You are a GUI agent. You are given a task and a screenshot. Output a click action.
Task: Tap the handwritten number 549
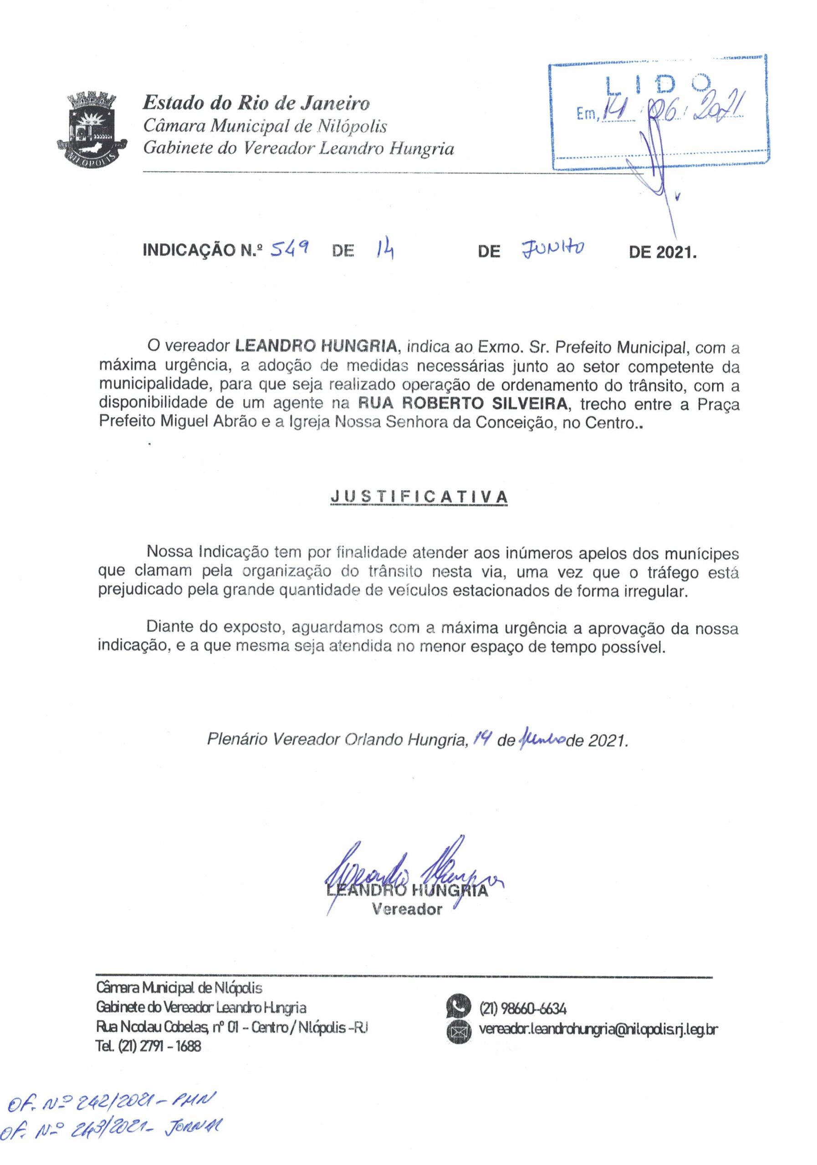coord(291,248)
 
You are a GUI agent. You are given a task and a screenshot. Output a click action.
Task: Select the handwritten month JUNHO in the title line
coord(552,248)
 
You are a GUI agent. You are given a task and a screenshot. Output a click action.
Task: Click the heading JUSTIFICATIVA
coord(419,497)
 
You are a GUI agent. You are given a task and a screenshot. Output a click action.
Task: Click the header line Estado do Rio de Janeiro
coord(256,103)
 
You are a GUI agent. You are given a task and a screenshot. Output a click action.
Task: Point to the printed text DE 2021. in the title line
coord(663,252)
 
